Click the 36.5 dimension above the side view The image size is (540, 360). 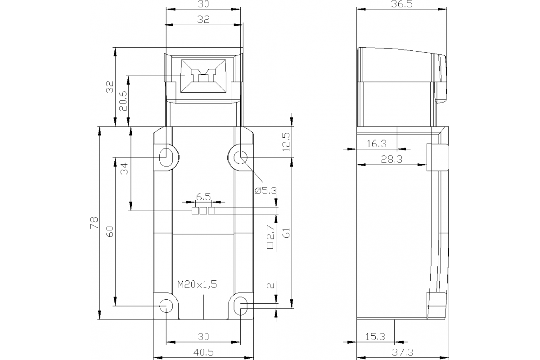point(402,4)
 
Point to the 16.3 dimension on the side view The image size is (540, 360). point(377,144)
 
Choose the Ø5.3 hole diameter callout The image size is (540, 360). point(265,190)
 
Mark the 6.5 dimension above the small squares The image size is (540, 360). point(203,197)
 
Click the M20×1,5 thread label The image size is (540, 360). point(197,284)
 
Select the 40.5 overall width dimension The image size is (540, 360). point(203,351)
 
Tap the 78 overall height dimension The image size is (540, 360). point(94,223)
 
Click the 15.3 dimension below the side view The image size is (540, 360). point(375,336)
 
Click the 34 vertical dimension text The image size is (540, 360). point(125,169)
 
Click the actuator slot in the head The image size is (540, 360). point(202,76)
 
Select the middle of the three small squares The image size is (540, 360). point(203,211)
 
